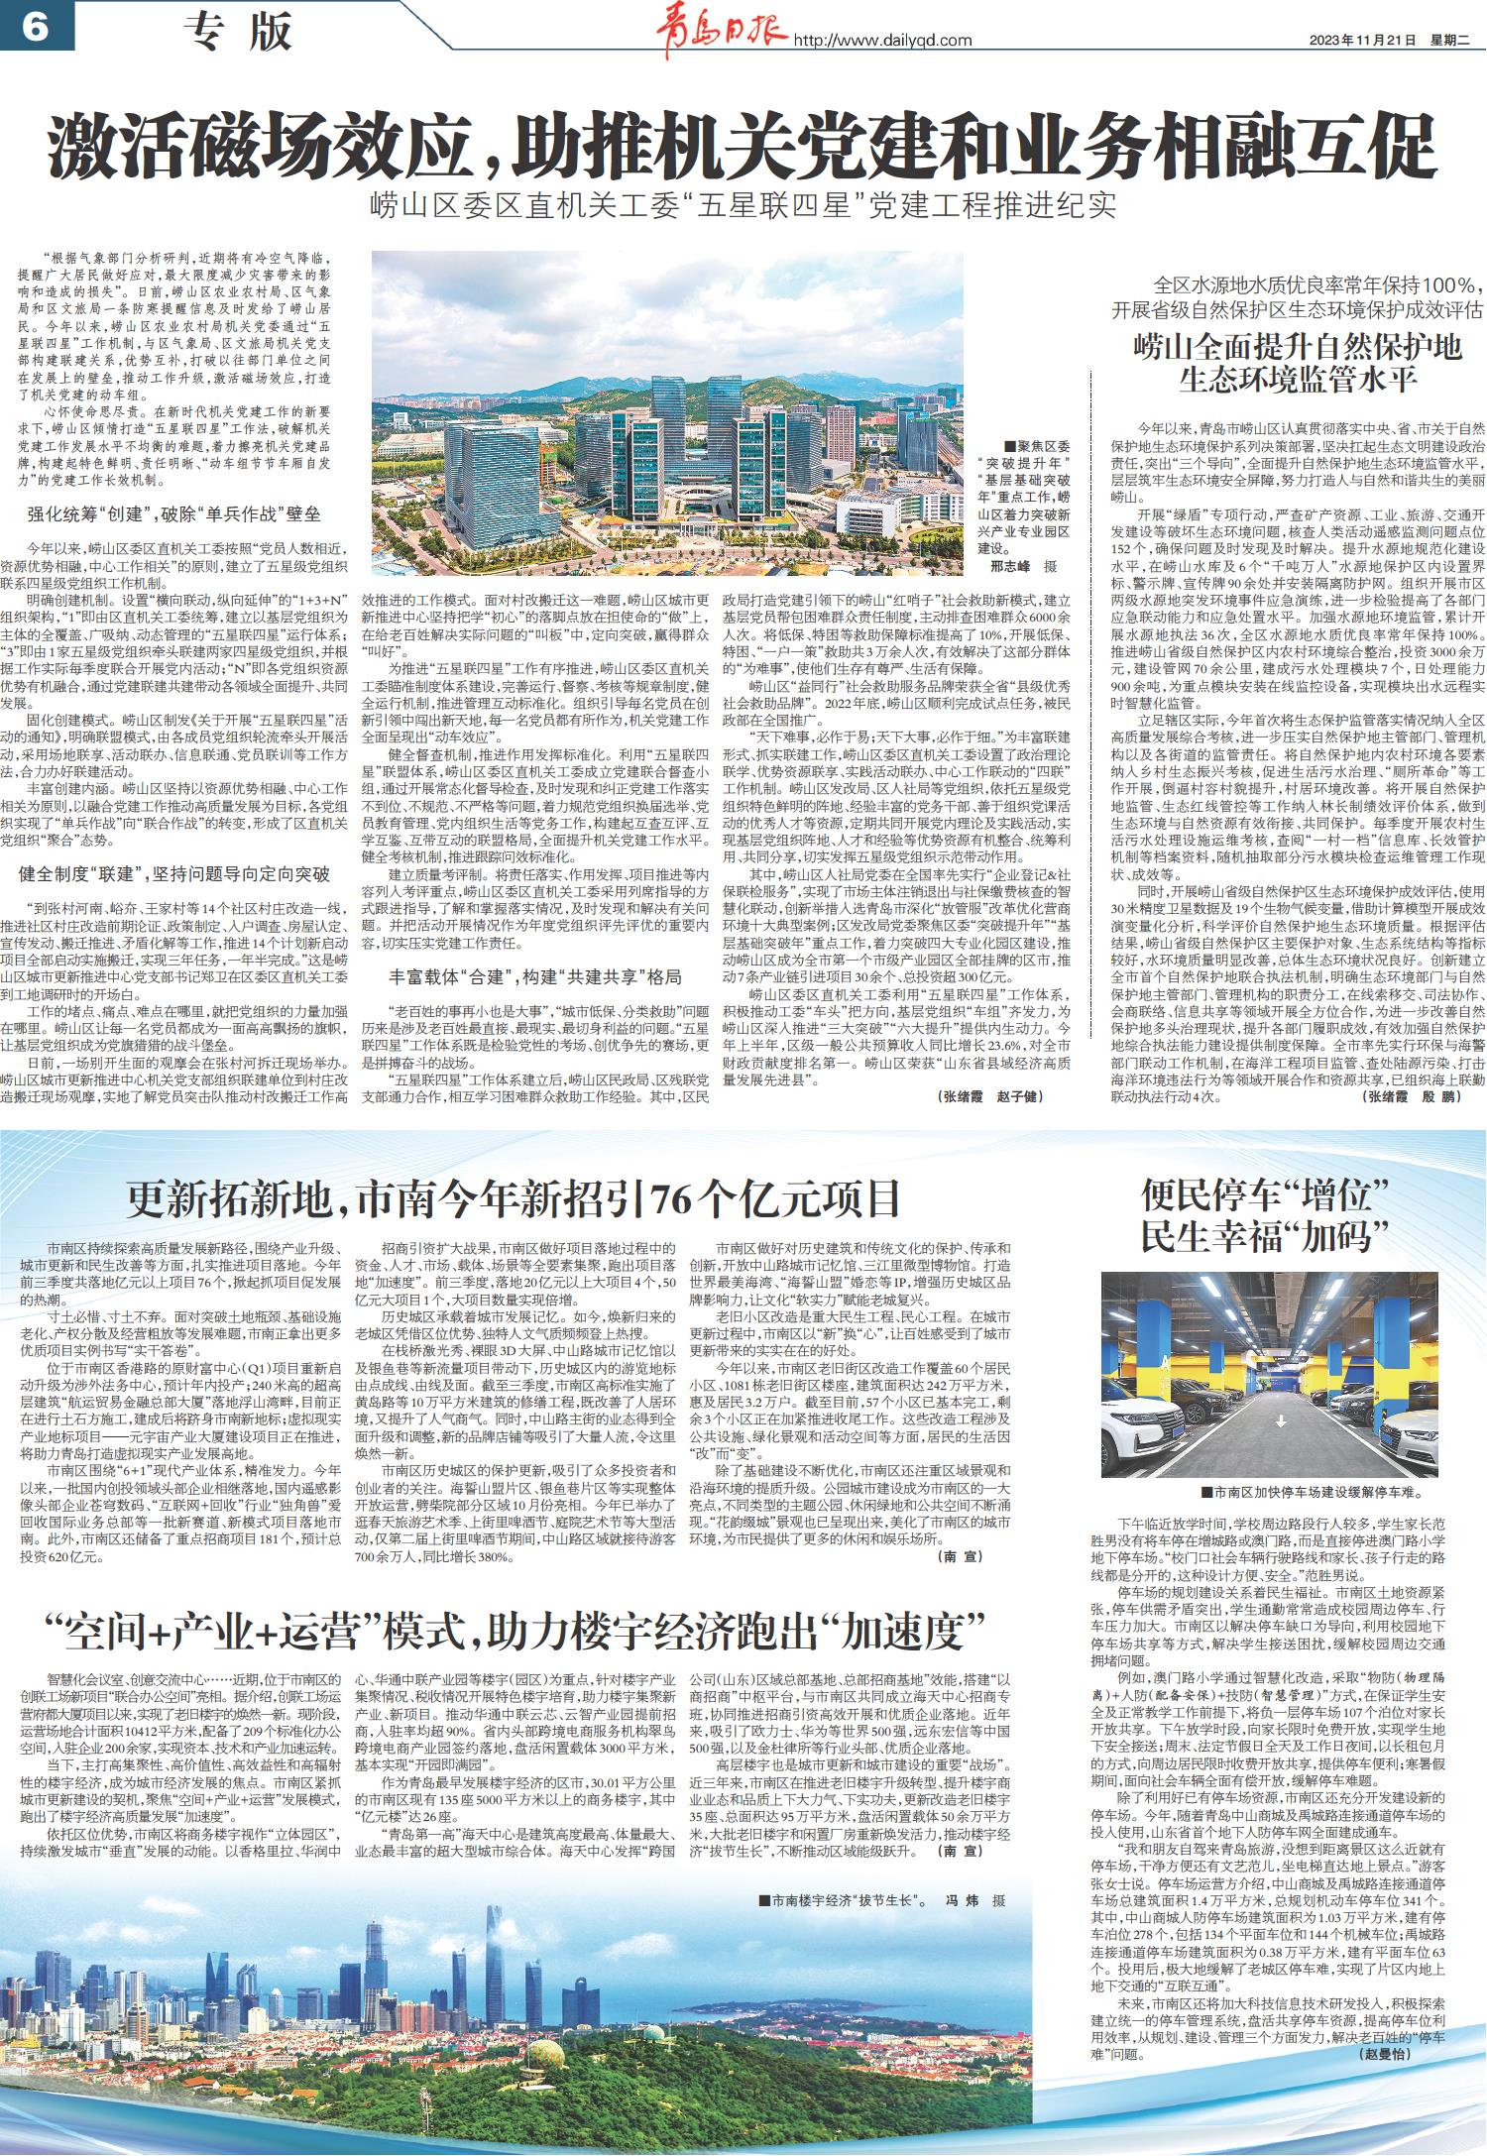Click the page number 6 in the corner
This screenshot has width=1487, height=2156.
coord(32,30)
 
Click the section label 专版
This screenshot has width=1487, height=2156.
coord(239,32)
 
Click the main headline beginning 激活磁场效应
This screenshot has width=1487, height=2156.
coord(743,147)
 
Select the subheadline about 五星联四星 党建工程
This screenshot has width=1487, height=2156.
coord(743,207)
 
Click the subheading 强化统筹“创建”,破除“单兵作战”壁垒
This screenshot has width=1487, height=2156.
coord(173,515)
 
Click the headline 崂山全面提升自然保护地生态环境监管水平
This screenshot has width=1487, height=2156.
coord(1298,363)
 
